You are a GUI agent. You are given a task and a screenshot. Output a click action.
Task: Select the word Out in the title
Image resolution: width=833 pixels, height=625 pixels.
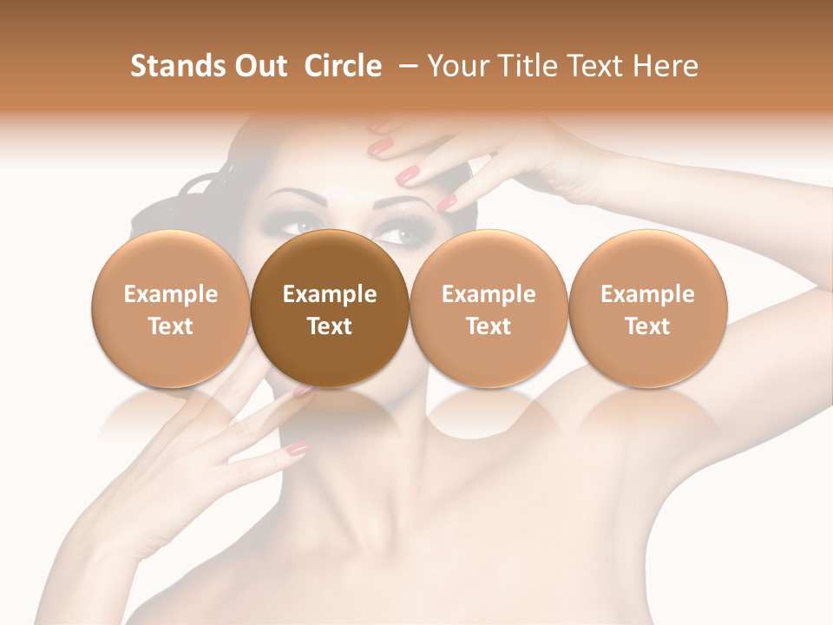[x=258, y=66]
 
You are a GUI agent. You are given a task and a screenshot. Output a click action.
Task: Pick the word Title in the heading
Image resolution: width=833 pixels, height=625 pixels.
[x=526, y=66]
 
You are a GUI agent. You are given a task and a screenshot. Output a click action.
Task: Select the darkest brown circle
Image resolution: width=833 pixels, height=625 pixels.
[x=330, y=309]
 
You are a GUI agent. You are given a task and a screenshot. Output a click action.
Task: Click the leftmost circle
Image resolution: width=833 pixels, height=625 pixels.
[x=170, y=309]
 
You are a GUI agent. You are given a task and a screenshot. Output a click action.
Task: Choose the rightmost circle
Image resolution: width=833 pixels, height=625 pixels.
[x=648, y=309]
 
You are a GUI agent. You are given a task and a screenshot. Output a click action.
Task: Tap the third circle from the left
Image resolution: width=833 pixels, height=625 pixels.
[x=489, y=309]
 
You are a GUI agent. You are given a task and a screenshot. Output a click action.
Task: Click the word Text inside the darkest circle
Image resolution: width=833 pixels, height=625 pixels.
[x=330, y=326]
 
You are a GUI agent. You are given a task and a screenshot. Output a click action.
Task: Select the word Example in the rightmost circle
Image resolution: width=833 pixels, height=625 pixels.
[x=648, y=294]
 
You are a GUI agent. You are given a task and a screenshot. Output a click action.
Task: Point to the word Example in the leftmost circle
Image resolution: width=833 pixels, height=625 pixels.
[x=170, y=294]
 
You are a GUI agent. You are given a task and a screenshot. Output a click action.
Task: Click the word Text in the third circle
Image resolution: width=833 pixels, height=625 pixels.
[x=489, y=326]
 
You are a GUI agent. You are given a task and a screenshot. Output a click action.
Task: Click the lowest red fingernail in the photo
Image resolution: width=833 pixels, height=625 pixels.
[x=298, y=449]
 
